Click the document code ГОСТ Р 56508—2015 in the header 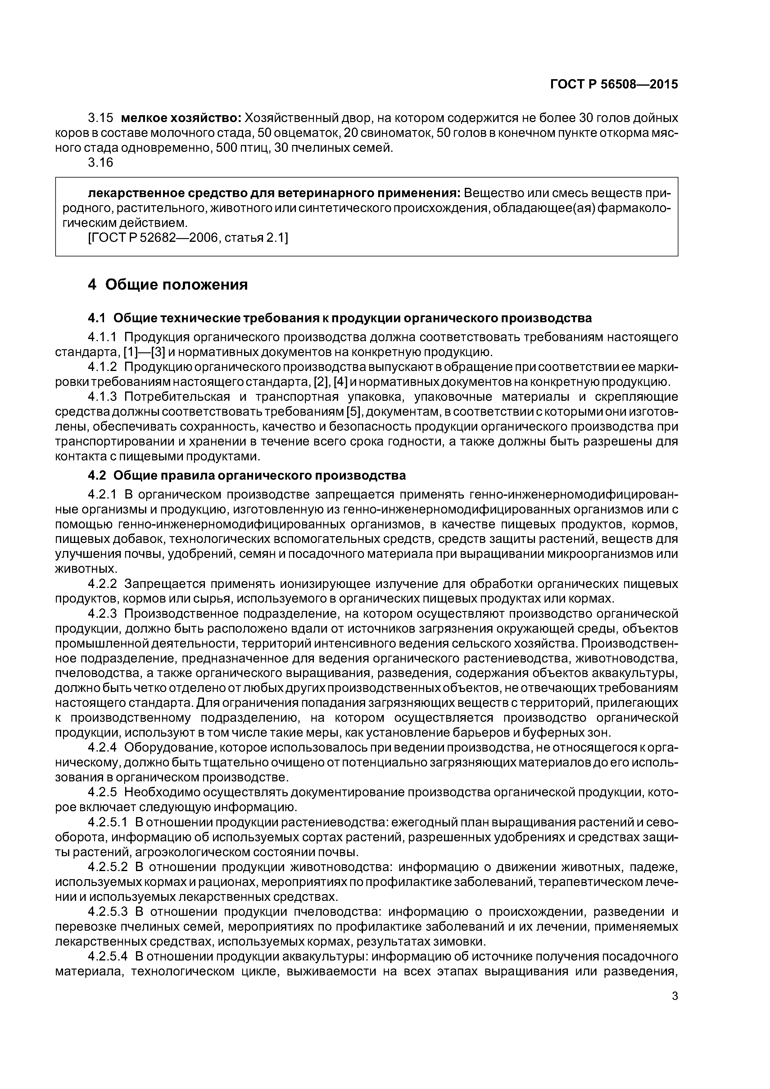(614, 84)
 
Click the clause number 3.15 (101, 118)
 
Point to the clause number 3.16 (101, 162)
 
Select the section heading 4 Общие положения (168, 285)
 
